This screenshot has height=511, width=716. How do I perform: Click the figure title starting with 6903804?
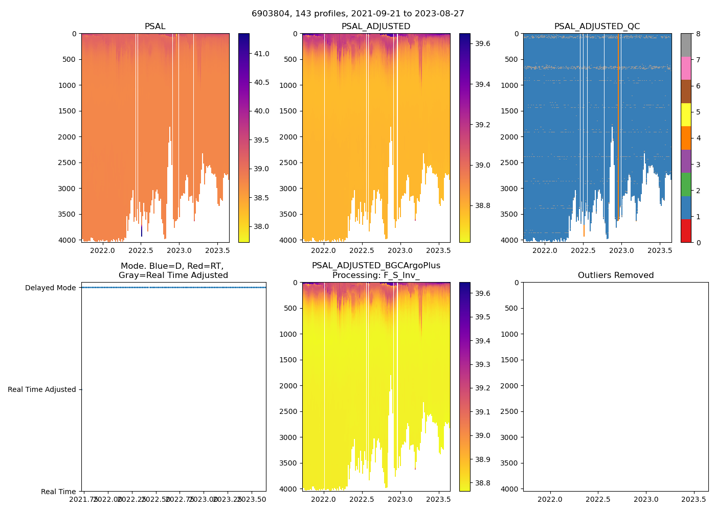358,14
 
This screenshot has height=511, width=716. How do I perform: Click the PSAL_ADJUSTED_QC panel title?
597,27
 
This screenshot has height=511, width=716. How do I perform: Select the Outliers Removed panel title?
616,275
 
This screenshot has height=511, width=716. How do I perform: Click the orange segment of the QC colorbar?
686,138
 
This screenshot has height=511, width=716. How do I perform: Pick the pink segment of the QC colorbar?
686,68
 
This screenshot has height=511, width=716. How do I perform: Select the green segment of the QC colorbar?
686,184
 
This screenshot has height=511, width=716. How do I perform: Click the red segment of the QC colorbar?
686,231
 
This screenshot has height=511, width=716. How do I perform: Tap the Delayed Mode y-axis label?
50,288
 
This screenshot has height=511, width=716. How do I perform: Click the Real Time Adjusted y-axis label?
41,389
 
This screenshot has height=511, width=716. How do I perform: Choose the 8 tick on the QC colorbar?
698,34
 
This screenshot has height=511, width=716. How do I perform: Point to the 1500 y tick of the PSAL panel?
67,111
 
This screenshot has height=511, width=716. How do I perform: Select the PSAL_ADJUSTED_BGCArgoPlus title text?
376,266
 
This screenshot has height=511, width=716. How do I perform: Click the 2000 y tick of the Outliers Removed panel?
510,386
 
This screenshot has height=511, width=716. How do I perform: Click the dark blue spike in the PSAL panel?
142,230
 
